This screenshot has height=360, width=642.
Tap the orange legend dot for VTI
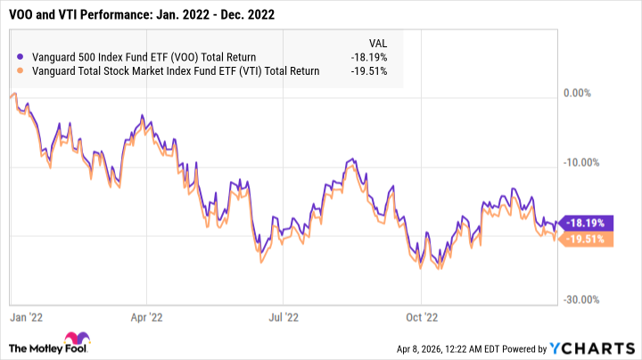pyautogui.click(x=21, y=71)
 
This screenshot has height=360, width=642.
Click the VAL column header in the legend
pyautogui.click(x=378, y=43)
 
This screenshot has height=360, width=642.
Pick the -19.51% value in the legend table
pyautogui.click(x=369, y=71)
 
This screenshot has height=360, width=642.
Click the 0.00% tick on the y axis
pyautogui.click(x=580, y=93)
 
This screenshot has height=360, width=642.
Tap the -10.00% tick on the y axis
pyautogui.click(x=584, y=162)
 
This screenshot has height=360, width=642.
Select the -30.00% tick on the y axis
pyautogui.click(x=584, y=300)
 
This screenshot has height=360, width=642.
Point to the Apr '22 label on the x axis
pyautogui.click(x=146, y=315)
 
